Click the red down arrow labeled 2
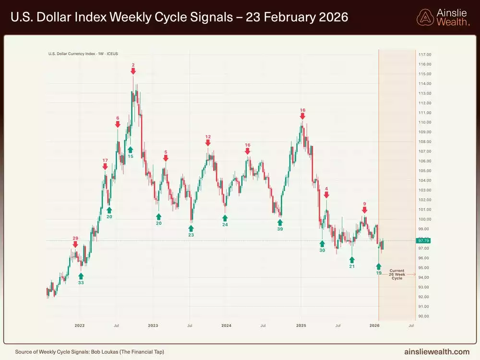click(133, 71)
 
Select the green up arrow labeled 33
click(81, 276)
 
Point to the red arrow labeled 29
click(75, 244)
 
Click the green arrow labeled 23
click(191, 228)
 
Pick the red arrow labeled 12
click(208, 143)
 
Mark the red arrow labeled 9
click(364, 210)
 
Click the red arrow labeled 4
click(326, 195)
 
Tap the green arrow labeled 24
click(225, 218)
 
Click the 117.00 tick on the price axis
click(425, 54)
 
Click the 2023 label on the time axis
click(153, 326)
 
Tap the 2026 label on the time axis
click(374, 326)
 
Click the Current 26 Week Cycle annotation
click(397, 275)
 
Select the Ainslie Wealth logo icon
click(425, 18)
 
